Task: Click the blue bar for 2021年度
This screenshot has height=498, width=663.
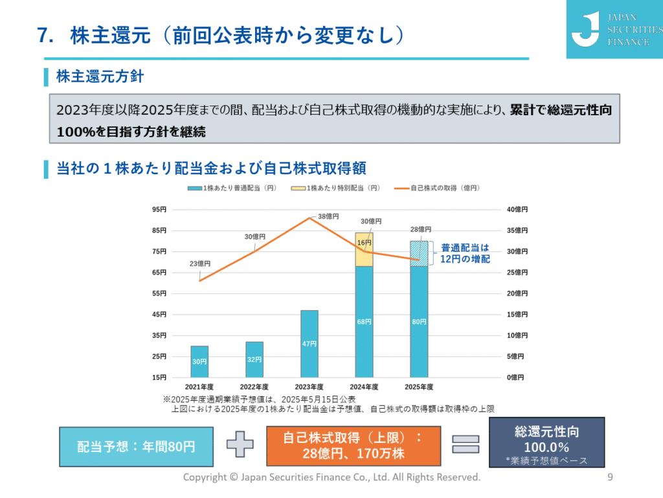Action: [199, 361]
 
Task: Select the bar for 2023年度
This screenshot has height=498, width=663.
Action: [309, 343]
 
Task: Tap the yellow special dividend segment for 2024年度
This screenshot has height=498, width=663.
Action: [365, 250]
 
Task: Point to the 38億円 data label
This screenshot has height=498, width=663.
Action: [330, 216]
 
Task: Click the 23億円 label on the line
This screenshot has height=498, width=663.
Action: [200, 264]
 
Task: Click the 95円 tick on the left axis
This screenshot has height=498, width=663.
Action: [159, 209]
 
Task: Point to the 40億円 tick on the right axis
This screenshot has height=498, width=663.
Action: [517, 209]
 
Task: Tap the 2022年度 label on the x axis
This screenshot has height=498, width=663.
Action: [254, 387]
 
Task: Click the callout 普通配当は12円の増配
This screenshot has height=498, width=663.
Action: [466, 253]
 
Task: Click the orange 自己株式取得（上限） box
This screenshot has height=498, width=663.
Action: [353, 446]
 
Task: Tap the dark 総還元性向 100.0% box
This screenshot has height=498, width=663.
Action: [546, 442]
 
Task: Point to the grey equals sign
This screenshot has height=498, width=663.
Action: [465, 444]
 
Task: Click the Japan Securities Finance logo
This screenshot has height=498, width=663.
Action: [614, 29]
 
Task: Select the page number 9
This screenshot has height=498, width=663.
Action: [610, 478]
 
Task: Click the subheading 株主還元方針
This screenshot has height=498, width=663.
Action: [100, 77]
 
